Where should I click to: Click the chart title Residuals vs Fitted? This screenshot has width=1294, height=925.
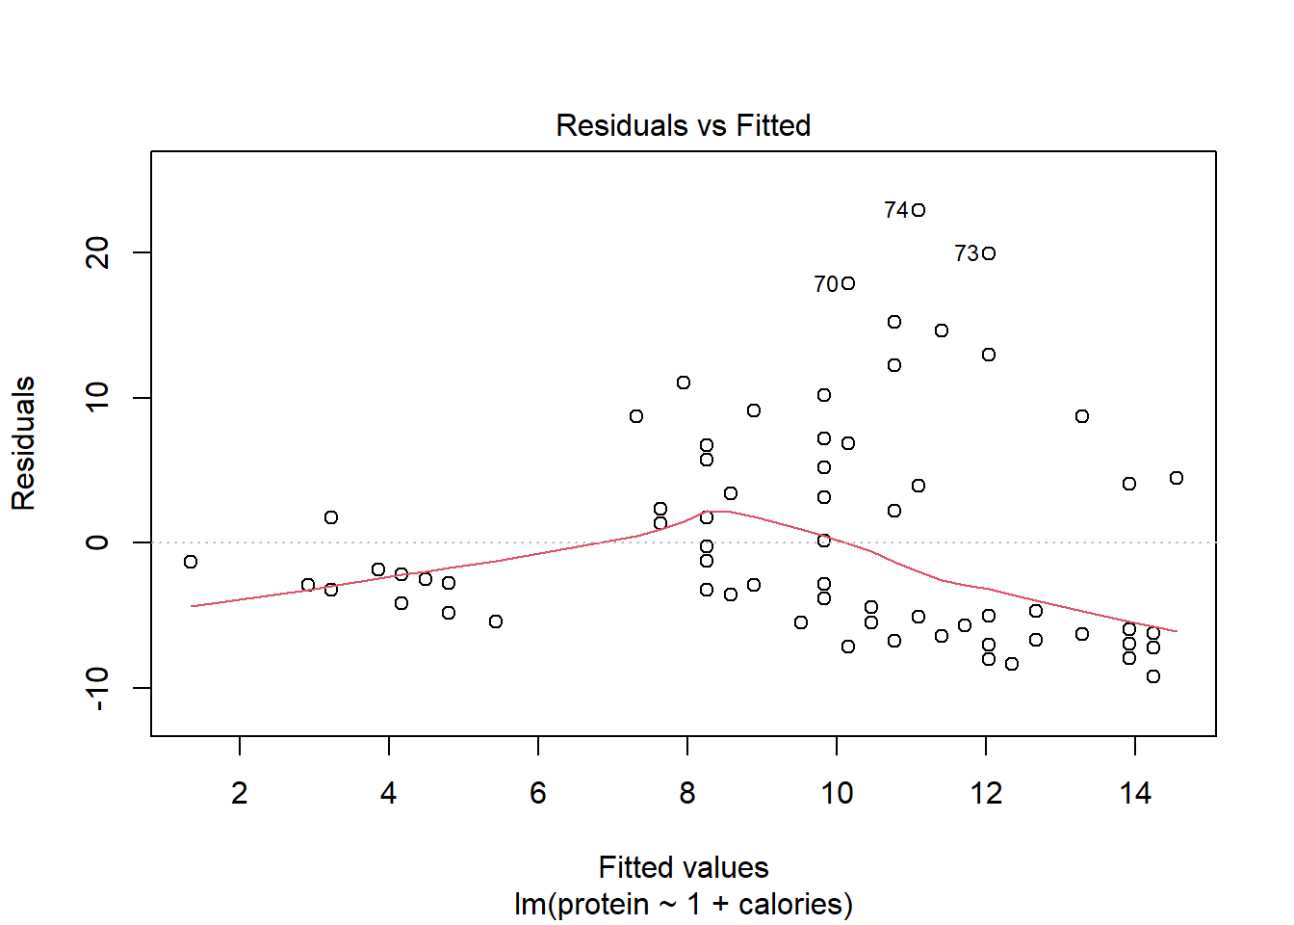pyautogui.click(x=683, y=125)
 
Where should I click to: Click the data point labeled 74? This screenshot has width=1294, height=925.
pyautogui.click(x=919, y=210)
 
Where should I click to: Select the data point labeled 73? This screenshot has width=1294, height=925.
pyautogui.click(x=989, y=253)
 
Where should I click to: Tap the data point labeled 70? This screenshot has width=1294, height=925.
pyautogui.click(x=848, y=283)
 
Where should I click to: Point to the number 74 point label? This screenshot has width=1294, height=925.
pyautogui.click(x=896, y=210)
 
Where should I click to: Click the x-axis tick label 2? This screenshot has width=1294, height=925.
pyautogui.click(x=240, y=793)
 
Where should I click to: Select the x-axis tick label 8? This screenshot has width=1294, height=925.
pyautogui.click(x=687, y=793)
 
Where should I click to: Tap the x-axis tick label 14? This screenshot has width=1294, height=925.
pyautogui.click(x=1135, y=793)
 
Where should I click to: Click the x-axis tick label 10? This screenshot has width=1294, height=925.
pyautogui.click(x=837, y=793)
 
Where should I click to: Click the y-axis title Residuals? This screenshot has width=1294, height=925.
pyautogui.click(x=23, y=443)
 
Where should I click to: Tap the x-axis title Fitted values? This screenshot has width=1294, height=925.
pyautogui.click(x=683, y=867)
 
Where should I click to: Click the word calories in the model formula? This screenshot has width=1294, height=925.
pyautogui.click(x=794, y=905)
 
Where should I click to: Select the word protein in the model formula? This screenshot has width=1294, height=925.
pyautogui.click(x=604, y=905)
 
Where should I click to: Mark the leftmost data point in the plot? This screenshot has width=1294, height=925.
pyautogui.click(x=191, y=562)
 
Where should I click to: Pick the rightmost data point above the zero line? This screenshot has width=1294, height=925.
pyautogui.click(x=1177, y=478)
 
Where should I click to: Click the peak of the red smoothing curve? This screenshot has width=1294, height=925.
pyautogui.click(x=718, y=511)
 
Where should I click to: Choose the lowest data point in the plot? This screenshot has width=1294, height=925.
pyautogui.click(x=1153, y=676)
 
